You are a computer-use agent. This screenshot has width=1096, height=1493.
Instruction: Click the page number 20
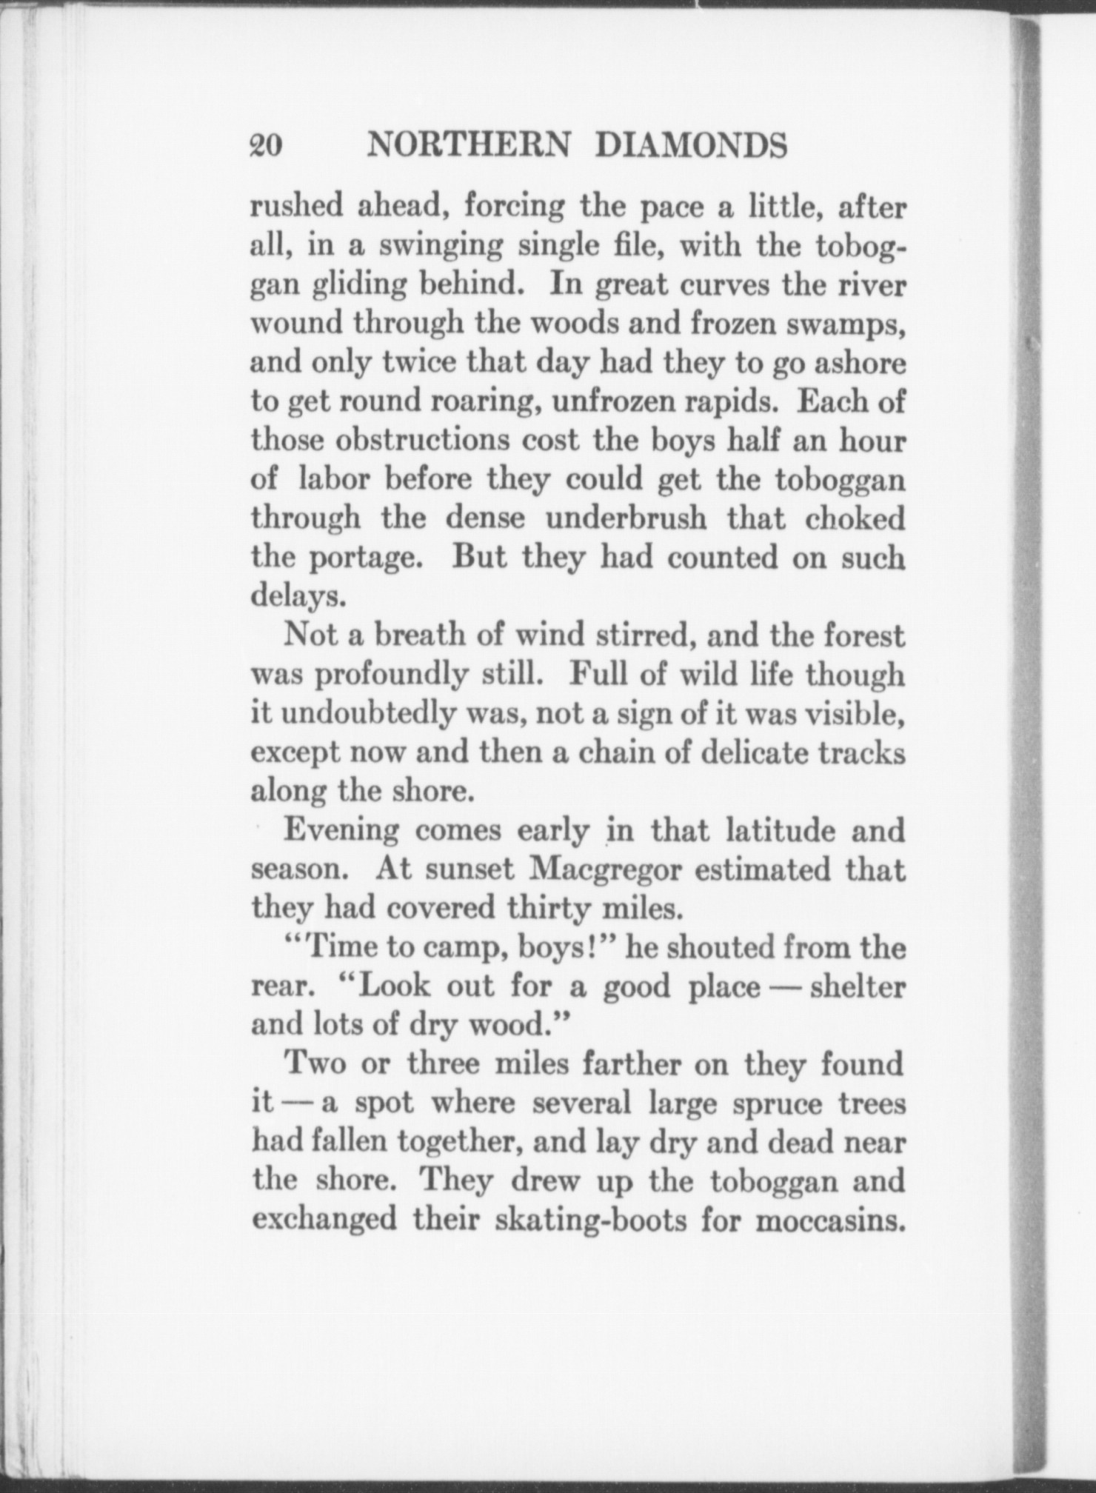click(x=267, y=145)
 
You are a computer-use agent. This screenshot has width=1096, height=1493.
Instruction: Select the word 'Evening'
click(x=341, y=830)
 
